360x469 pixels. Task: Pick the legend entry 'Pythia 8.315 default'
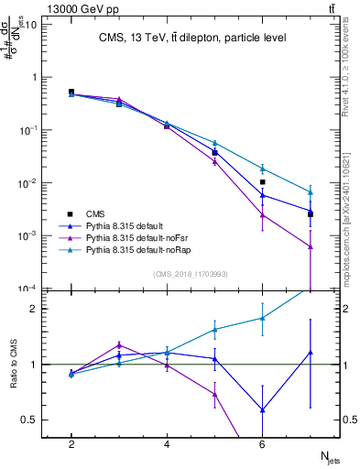(135, 224)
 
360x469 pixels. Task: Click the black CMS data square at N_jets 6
(262, 182)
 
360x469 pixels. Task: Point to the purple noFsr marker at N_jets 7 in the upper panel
(310, 246)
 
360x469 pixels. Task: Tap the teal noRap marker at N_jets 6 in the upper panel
(262, 169)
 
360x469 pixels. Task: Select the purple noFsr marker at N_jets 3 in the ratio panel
(119, 345)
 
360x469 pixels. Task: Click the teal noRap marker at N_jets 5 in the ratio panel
(214, 329)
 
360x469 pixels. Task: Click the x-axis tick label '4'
(167, 443)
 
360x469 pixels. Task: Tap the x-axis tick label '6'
(262, 443)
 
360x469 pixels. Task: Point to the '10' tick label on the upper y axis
(30, 25)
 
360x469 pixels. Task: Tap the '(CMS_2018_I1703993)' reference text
(191, 274)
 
